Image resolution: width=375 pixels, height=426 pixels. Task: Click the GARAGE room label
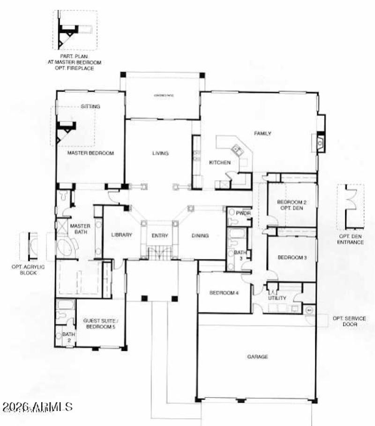[x=257, y=357]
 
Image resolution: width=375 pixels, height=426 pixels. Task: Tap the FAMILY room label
[x=262, y=134]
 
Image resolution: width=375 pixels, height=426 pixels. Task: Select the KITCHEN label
[x=219, y=162]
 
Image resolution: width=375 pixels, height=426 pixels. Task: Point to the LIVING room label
[x=160, y=153]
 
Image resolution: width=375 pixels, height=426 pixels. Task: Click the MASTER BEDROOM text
[x=90, y=153]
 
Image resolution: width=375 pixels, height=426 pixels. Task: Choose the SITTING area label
[x=90, y=106]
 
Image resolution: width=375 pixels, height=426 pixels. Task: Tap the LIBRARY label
[x=121, y=235]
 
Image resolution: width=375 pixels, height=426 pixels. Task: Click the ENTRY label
[x=160, y=236]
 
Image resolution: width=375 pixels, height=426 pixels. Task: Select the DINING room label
[x=200, y=236]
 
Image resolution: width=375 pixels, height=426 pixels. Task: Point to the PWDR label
[x=244, y=213]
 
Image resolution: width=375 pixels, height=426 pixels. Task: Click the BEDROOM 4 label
[x=224, y=293]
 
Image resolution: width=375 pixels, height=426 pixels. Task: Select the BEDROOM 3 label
[x=292, y=257]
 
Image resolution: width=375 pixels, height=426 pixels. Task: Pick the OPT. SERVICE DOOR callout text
[x=349, y=321]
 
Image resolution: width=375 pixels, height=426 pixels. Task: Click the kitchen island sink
[x=235, y=150]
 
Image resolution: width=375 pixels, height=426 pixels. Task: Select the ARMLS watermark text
[x=37, y=406]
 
